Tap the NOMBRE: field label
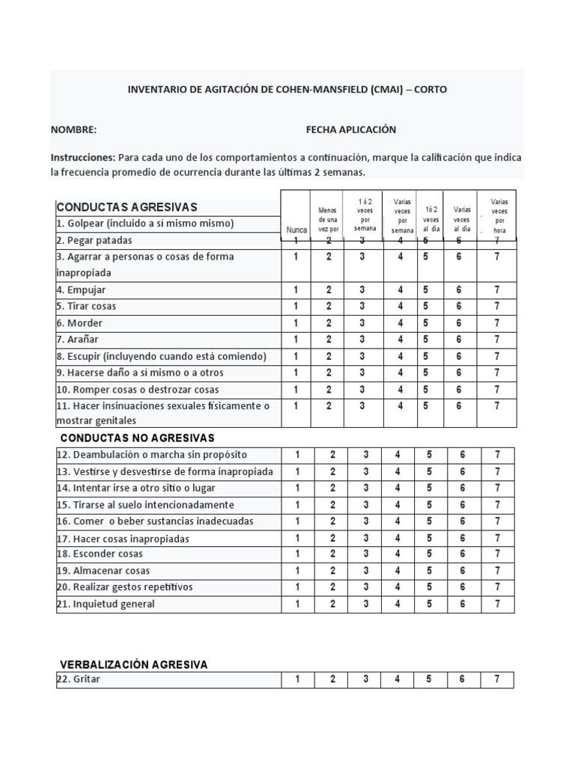click(74, 129)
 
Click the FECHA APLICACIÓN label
click(351, 129)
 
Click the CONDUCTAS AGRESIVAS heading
click(127, 206)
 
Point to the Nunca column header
click(296, 230)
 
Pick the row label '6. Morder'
click(80, 323)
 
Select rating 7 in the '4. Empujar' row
click(497, 289)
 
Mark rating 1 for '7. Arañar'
click(296, 340)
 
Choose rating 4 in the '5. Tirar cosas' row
click(401, 306)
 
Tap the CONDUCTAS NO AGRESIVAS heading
click(137, 438)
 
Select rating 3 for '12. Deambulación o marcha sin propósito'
click(366, 455)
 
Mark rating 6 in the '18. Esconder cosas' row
click(463, 554)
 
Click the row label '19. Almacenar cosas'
click(103, 571)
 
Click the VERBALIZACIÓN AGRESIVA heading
click(134, 664)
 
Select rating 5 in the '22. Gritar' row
click(429, 679)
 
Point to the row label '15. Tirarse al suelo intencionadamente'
click(145, 505)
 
